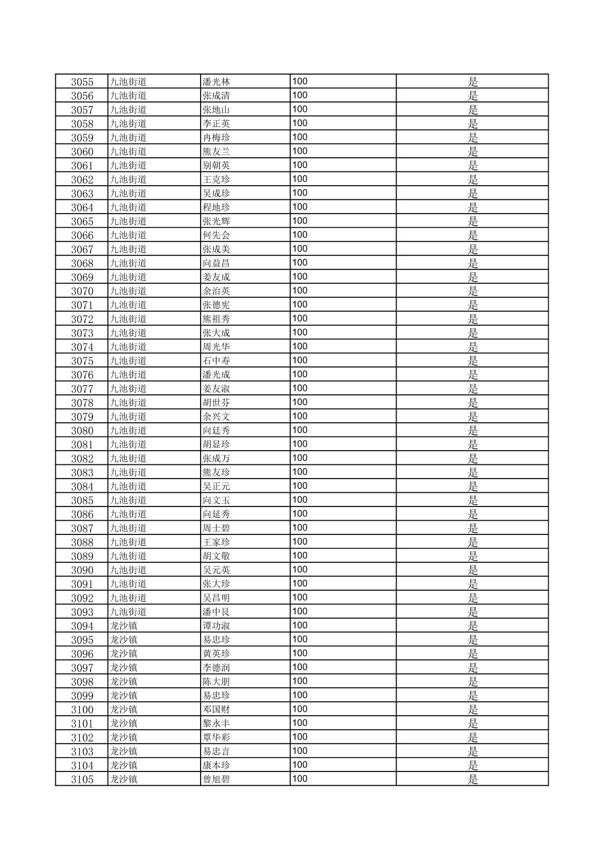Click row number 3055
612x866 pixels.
[x=82, y=81]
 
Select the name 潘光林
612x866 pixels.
[x=216, y=81]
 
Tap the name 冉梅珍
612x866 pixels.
[x=216, y=137]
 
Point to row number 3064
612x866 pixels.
[x=82, y=207]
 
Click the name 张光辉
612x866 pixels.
[x=216, y=221]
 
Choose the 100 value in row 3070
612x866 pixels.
[x=300, y=291]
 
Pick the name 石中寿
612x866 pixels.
[x=216, y=361]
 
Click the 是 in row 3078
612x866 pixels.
[x=472, y=403]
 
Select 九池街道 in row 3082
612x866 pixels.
[x=128, y=458]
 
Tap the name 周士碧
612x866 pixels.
[x=216, y=528]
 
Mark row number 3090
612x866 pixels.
[x=82, y=570]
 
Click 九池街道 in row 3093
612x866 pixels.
[x=128, y=612]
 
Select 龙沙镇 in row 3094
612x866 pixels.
[x=124, y=626]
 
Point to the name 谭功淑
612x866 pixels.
[x=216, y=626]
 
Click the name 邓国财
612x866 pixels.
[x=216, y=709]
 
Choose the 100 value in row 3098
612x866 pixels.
[x=300, y=681]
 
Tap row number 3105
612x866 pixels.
[x=82, y=779]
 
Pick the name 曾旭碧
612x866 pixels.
[x=216, y=779]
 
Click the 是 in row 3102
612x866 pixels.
[x=472, y=737]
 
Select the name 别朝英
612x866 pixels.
[x=216, y=165]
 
